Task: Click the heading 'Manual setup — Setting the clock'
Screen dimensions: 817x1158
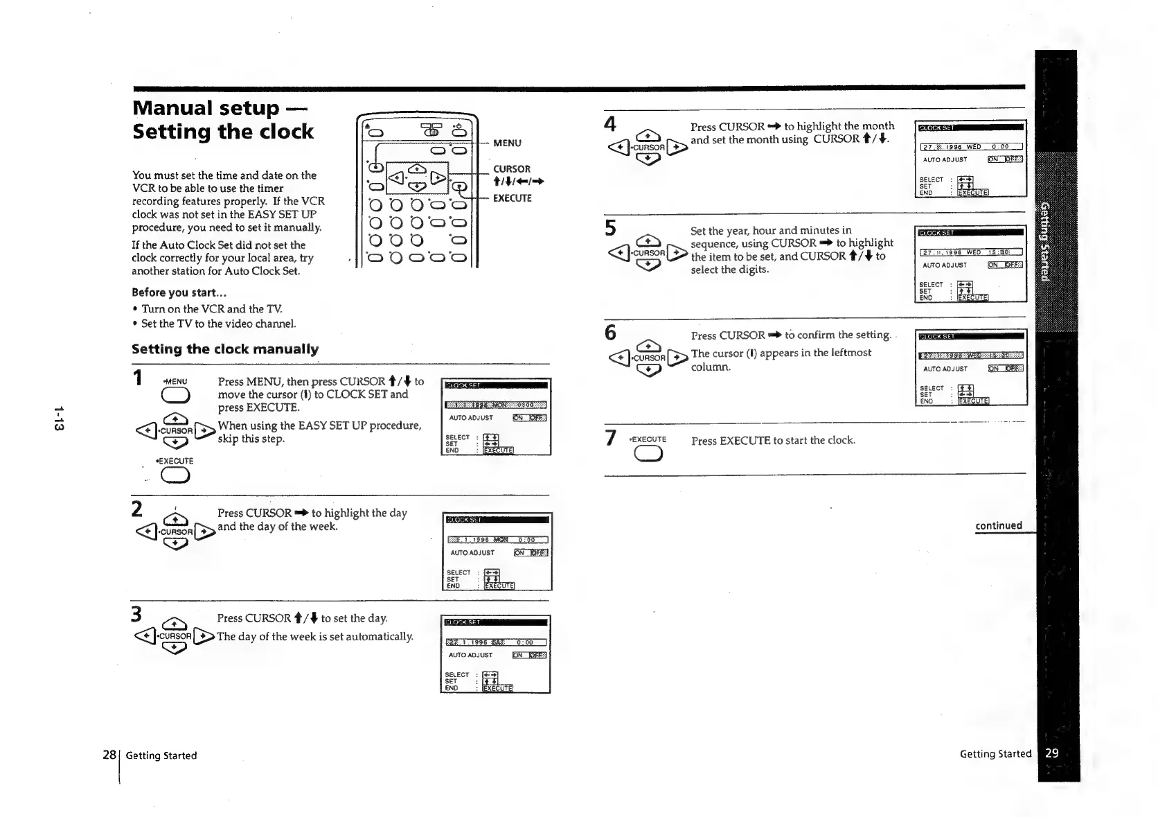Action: point(222,120)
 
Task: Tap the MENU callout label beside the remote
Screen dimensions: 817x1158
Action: point(507,143)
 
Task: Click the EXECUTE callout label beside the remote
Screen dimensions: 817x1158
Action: point(512,198)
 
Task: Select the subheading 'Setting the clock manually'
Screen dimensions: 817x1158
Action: point(225,349)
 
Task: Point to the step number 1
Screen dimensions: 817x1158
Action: point(138,378)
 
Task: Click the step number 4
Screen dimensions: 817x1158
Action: point(609,125)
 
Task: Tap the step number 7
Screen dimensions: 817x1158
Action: point(610,438)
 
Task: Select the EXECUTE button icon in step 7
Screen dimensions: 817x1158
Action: point(648,454)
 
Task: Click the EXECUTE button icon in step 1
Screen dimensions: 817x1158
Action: point(175,475)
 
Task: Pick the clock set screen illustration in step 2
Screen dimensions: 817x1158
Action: point(497,552)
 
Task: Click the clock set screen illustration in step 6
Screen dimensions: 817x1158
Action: point(971,367)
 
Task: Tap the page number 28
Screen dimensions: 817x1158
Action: point(109,755)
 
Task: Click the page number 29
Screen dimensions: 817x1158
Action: point(1051,753)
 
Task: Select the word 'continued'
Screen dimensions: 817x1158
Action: point(999,525)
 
